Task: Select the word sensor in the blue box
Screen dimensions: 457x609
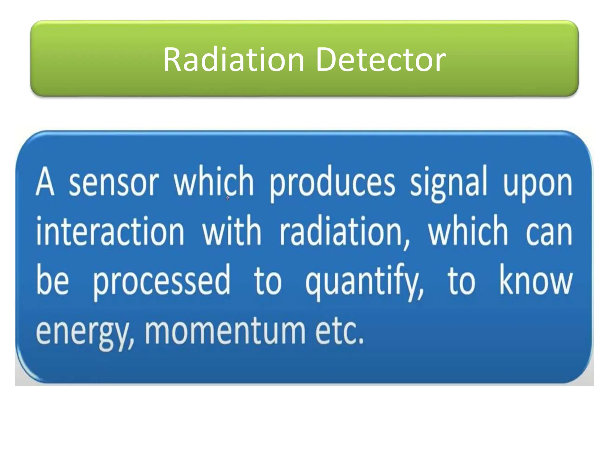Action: tap(114, 182)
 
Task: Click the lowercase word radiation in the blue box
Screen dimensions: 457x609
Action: tap(345, 232)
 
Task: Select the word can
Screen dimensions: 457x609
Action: tap(549, 232)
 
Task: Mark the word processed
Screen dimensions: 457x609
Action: tap(161, 281)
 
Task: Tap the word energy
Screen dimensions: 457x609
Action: tap(84, 332)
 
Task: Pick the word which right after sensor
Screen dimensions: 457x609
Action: tap(214, 181)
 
